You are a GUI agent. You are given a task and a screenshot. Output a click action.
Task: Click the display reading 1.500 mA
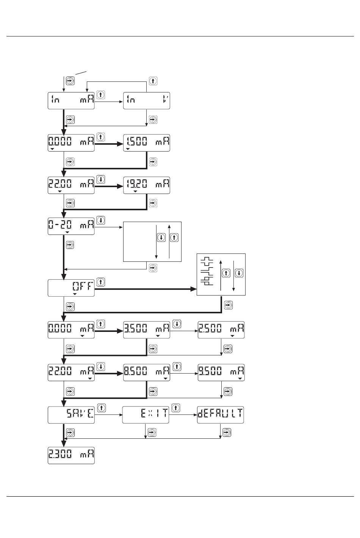(147, 143)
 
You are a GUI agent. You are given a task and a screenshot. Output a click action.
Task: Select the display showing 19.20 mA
(147, 185)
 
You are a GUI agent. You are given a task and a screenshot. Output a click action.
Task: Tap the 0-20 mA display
(71, 226)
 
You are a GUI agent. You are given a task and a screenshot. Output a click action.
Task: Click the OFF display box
(71, 288)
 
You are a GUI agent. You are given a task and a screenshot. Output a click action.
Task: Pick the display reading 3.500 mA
(147, 330)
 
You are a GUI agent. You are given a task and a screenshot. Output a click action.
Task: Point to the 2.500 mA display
(221, 330)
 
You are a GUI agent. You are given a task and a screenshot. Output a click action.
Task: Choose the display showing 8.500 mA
(147, 372)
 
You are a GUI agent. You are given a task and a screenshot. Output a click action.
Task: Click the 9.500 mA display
(221, 372)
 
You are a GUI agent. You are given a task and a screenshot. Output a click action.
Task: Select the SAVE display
(71, 415)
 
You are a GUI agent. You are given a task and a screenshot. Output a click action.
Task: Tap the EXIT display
(146, 415)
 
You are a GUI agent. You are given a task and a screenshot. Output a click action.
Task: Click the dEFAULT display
(220, 415)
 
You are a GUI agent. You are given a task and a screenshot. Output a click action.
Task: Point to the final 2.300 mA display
(71, 455)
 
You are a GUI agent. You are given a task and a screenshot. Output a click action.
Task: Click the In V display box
(147, 101)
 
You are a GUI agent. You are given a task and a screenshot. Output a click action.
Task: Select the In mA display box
(71, 101)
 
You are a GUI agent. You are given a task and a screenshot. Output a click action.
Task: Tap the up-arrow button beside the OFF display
(101, 282)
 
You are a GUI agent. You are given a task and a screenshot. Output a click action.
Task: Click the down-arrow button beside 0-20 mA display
(101, 220)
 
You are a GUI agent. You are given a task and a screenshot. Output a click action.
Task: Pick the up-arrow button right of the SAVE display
(101, 408)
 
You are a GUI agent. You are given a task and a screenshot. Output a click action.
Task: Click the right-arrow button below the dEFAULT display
(227, 432)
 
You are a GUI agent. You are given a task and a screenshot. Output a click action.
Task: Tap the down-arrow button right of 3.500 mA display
(177, 324)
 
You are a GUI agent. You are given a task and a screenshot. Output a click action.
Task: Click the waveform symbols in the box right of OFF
(208, 271)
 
